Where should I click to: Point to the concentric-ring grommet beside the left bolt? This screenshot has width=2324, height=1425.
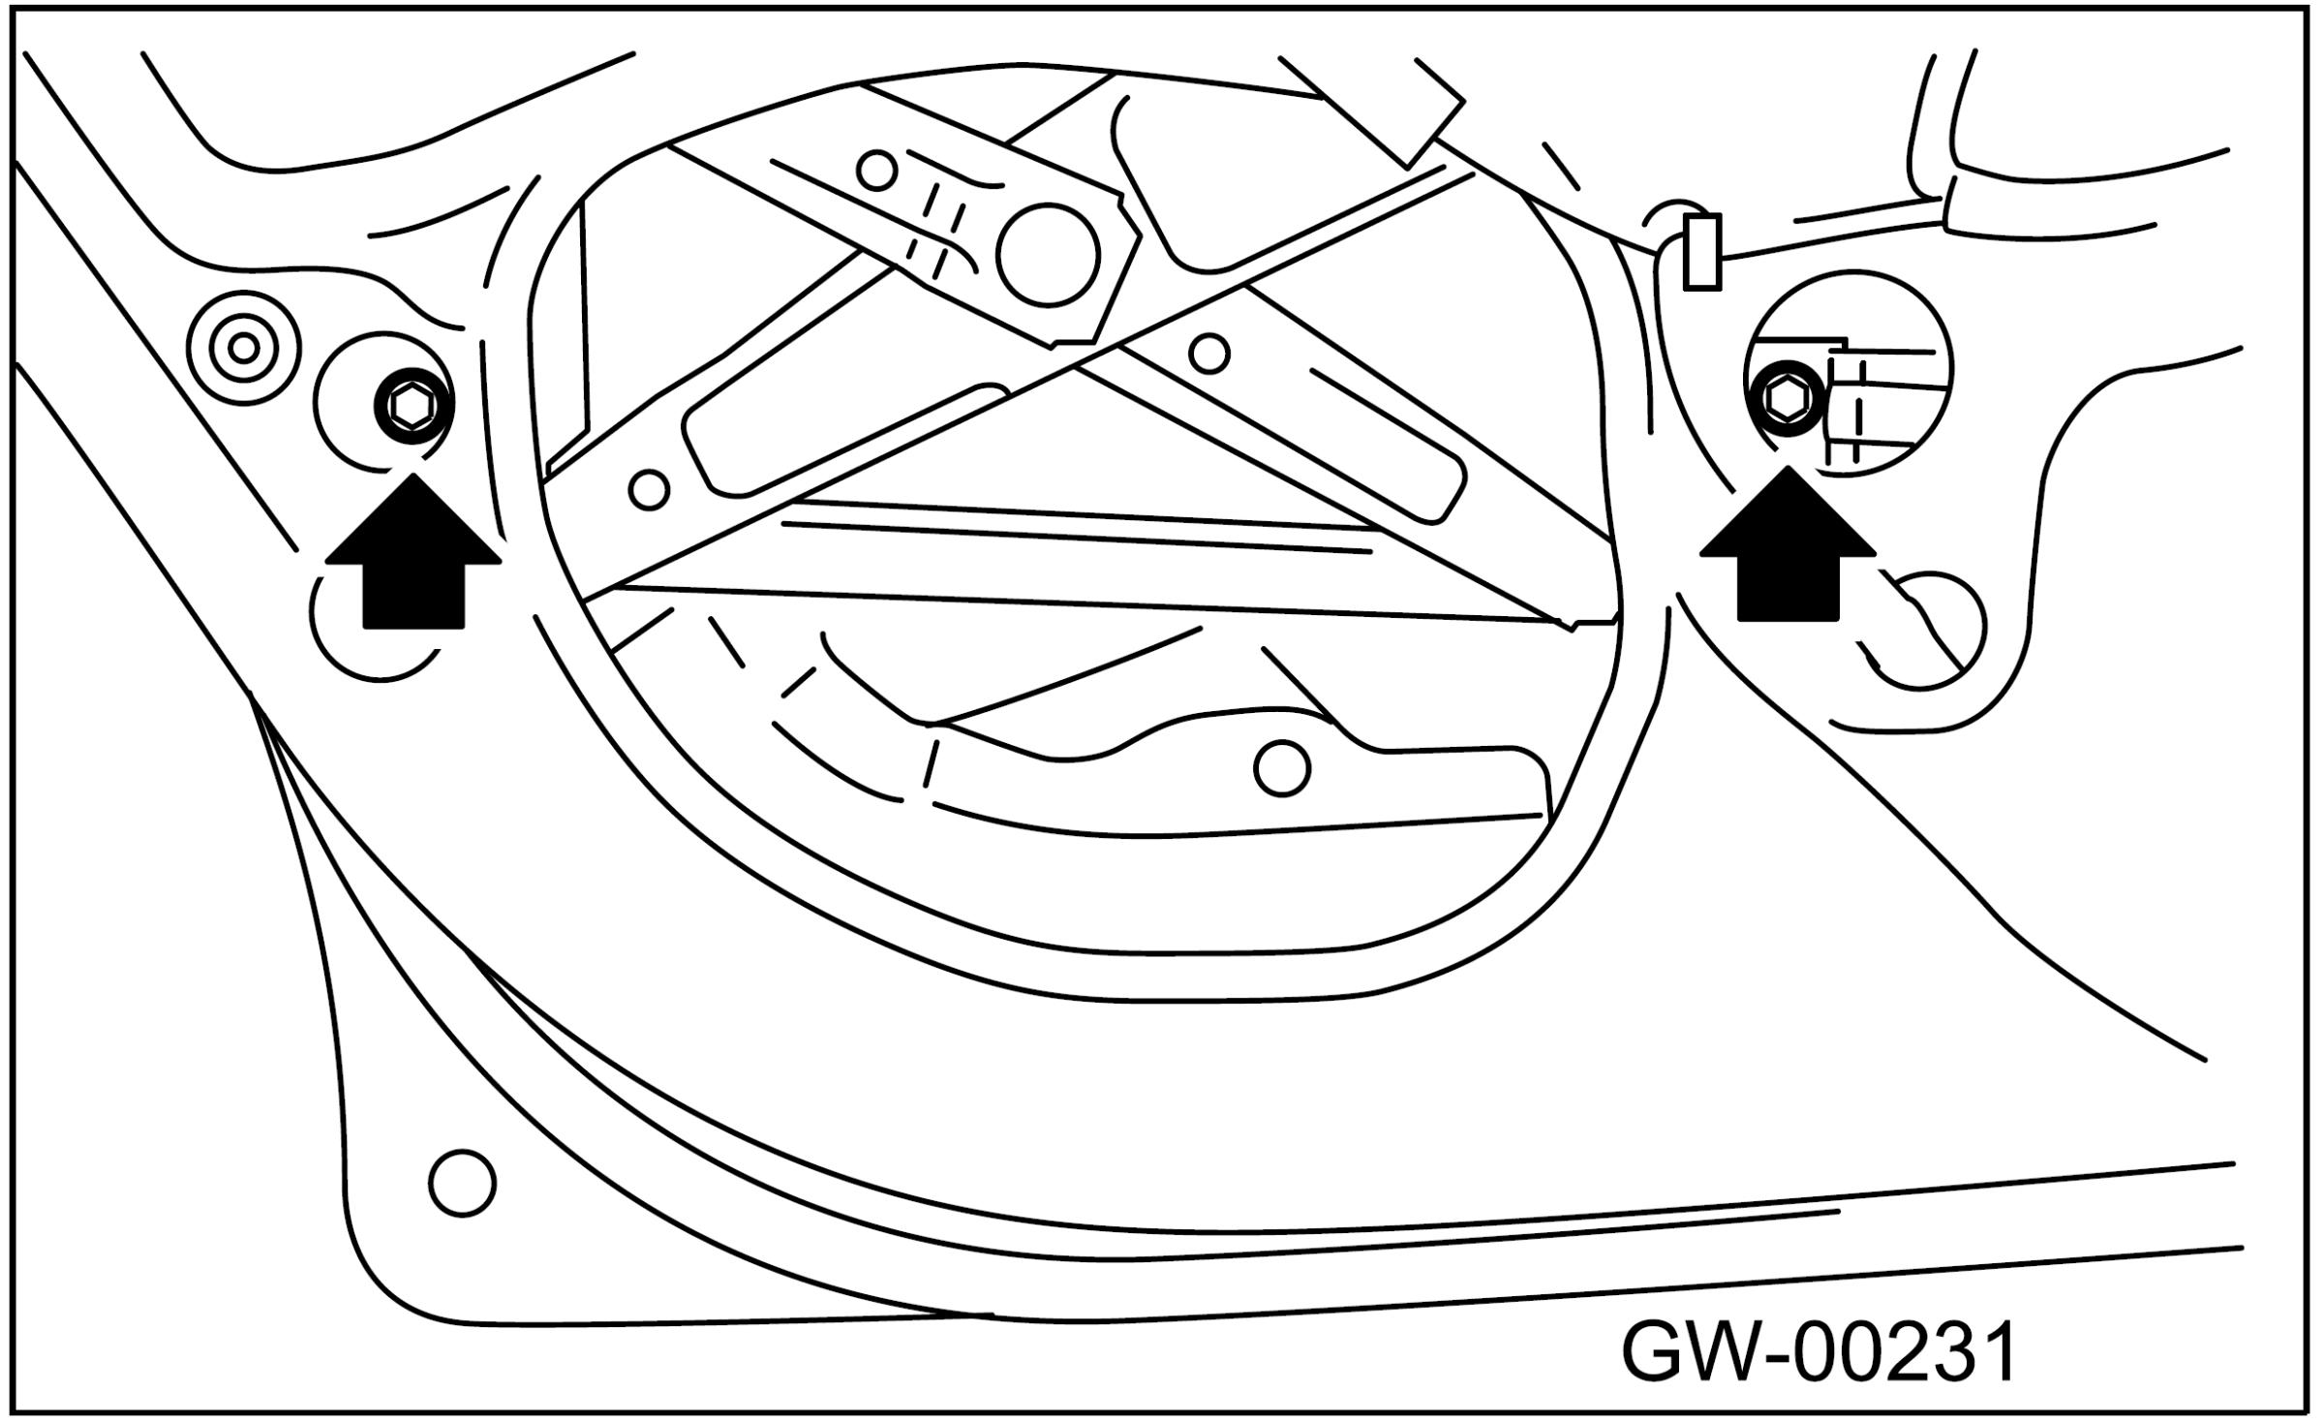pyautogui.click(x=244, y=347)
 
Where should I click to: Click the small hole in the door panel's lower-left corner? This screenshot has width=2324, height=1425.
pyautogui.click(x=462, y=1183)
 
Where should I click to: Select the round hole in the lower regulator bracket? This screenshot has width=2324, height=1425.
pyautogui.click(x=1281, y=768)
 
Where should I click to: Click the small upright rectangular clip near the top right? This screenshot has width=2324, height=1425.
pyautogui.click(x=1702, y=253)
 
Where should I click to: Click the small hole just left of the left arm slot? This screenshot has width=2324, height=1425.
pyautogui.click(x=649, y=489)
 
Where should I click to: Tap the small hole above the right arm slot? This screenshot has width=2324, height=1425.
pyautogui.click(x=1209, y=353)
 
